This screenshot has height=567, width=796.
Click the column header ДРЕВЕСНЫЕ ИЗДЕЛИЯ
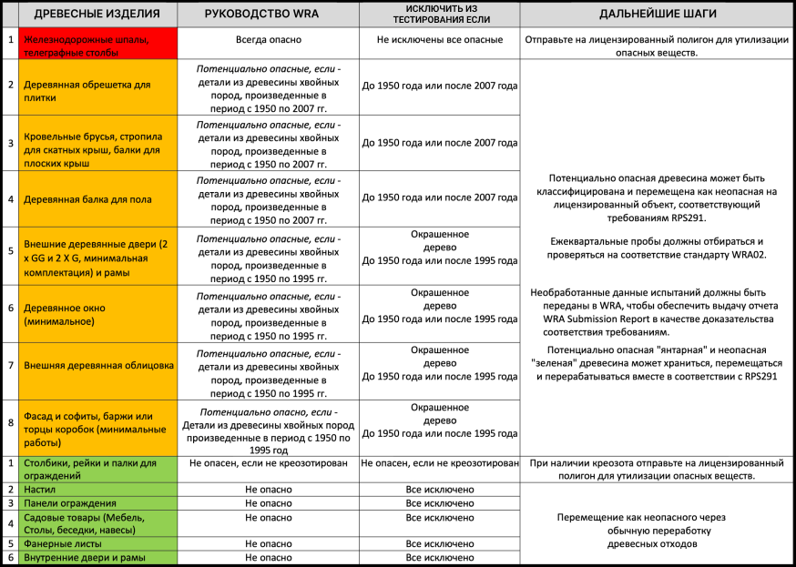[97, 15]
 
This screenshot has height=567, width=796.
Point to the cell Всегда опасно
[268, 40]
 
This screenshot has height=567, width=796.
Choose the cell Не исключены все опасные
[439, 40]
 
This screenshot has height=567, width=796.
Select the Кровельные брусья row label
[91, 143]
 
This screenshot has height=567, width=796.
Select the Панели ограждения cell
[69, 503]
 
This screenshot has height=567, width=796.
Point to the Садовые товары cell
[91, 523]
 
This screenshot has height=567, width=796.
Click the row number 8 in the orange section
[10, 422]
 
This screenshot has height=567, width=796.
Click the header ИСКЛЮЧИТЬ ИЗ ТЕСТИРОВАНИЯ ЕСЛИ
[439, 15]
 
